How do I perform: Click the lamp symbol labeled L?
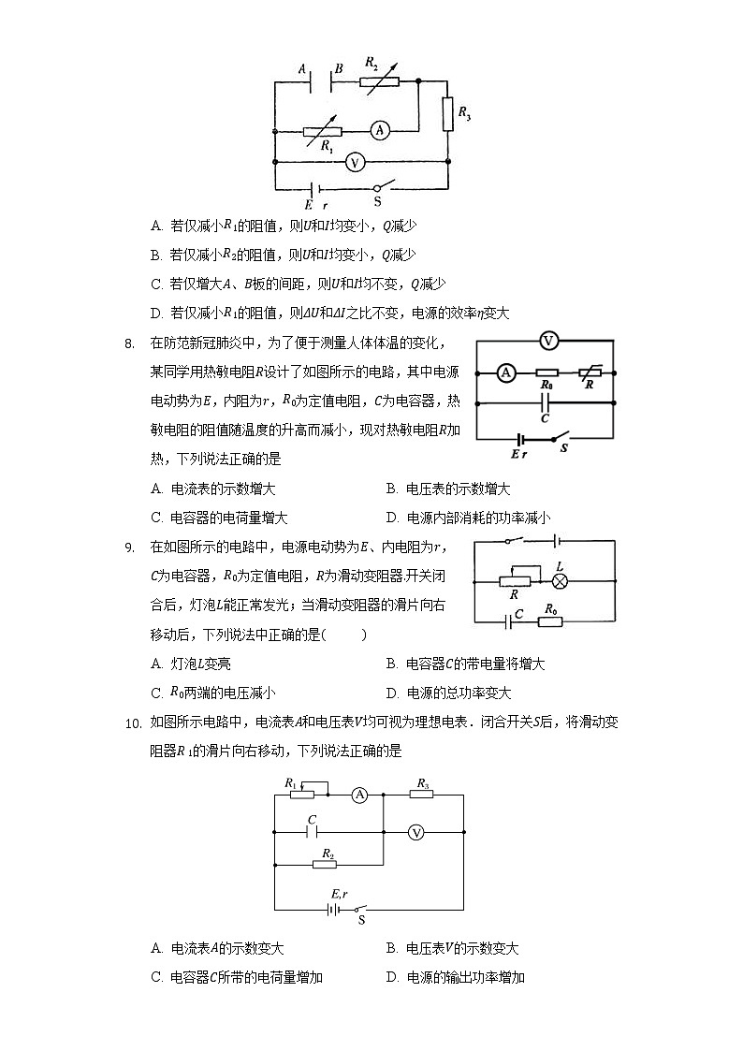click(x=560, y=580)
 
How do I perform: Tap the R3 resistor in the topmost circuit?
click(x=448, y=113)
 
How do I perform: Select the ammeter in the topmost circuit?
click(x=379, y=131)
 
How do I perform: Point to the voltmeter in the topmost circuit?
click(x=354, y=162)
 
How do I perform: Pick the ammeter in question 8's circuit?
click(x=505, y=372)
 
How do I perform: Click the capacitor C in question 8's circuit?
click(x=546, y=403)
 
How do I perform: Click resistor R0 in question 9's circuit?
click(x=549, y=620)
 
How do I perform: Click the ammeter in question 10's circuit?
click(x=358, y=796)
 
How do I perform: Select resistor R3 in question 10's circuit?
click(x=423, y=796)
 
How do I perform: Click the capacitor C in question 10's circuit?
click(x=313, y=830)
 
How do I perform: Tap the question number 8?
click(x=130, y=343)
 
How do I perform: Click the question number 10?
click(x=132, y=723)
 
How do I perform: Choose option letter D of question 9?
click(x=391, y=693)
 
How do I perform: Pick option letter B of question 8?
click(x=391, y=489)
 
